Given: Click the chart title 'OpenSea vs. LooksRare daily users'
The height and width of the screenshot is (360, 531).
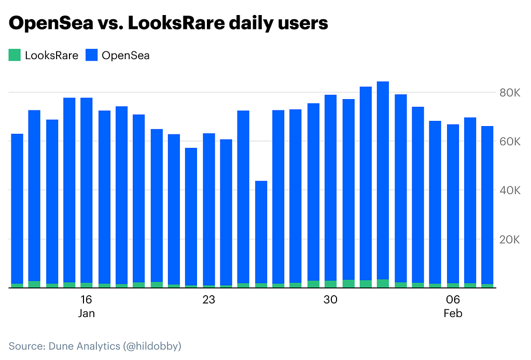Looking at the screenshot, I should (x=169, y=23).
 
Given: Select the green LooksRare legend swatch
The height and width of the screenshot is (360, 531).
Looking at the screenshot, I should (x=15, y=55).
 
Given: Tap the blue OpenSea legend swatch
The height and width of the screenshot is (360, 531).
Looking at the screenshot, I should (x=91, y=55).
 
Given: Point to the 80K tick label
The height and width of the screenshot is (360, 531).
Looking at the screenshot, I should (x=509, y=93).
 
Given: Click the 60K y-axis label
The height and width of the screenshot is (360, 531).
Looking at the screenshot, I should (x=509, y=142).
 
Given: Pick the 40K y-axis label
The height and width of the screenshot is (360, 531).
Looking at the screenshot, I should (x=509, y=191).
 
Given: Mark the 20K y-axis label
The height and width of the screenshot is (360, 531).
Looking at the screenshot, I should (x=509, y=240).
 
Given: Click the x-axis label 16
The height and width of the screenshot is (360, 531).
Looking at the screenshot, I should (x=86, y=300).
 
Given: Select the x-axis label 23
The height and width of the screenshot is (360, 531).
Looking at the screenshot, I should (x=208, y=300).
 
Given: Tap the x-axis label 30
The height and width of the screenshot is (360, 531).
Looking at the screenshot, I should (x=330, y=300).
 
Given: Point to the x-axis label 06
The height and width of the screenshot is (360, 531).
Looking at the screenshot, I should (x=453, y=300).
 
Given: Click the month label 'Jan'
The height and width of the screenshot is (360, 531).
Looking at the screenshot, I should (x=86, y=314).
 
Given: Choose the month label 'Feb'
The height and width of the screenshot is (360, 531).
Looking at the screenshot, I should (x=453, y=314).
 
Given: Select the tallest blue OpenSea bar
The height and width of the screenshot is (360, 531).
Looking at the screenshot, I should (x=383, y=182).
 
